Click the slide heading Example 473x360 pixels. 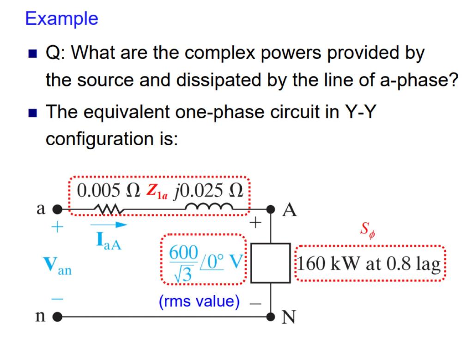pyautogui.click(x=61, y=18)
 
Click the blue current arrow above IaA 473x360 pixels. pyautogui.click(x=108, y=225)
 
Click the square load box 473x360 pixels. pyautogui.click(x=270, y=263)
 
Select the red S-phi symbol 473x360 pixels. pyautogui.click(x=367, y=229)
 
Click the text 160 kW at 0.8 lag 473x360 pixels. pyautogui.click(x=368, y=264)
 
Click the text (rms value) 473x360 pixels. pyautogui.click(x=199, y=302)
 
